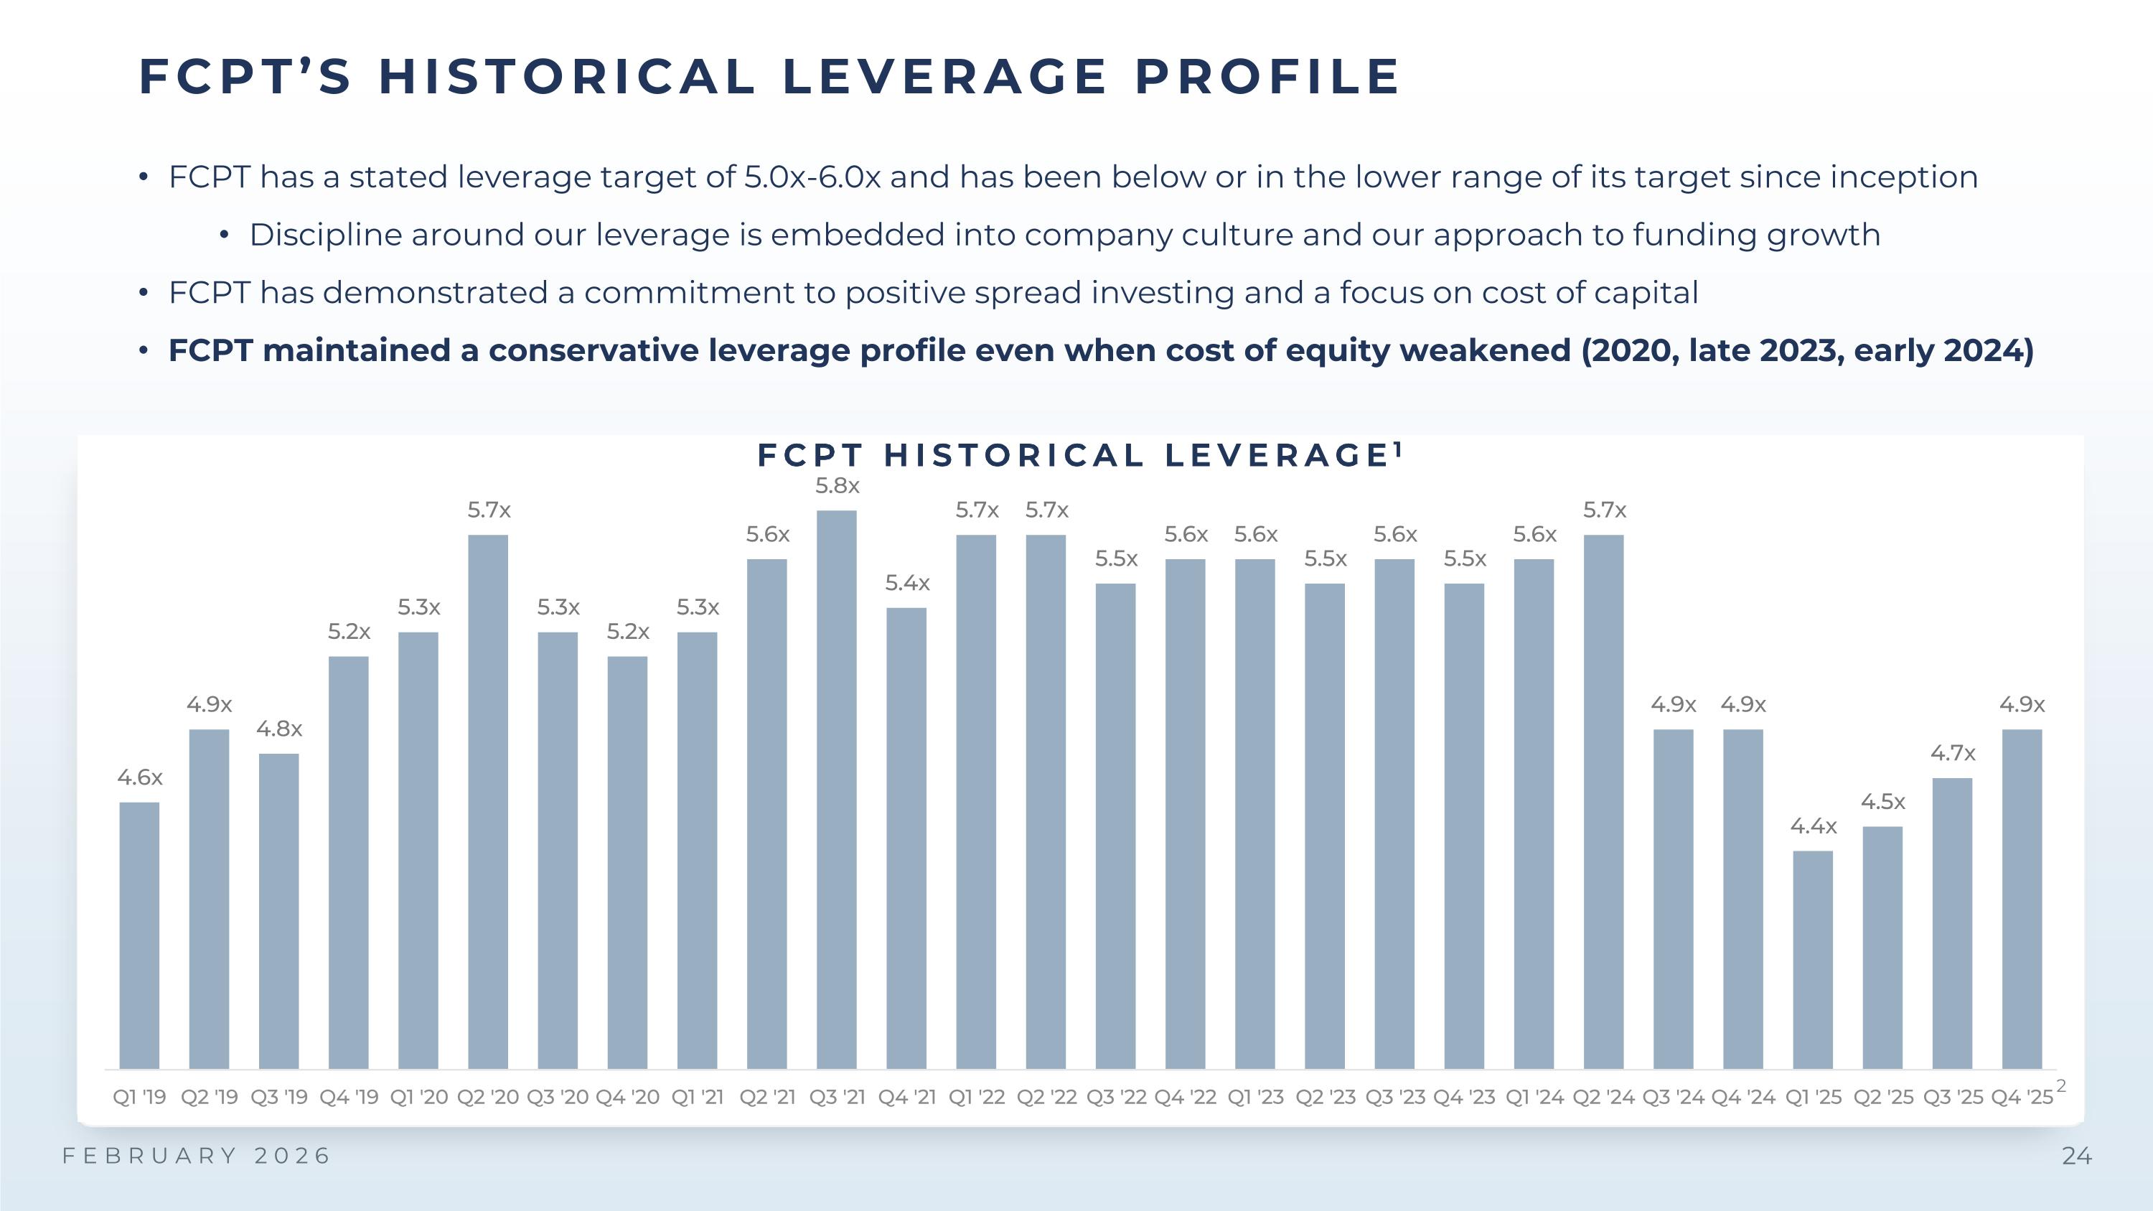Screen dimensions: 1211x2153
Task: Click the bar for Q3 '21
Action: (x=837, y=789)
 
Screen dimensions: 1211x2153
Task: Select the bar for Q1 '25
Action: (x=1813, y=960)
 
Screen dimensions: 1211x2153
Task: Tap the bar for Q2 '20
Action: (x=488, y=802)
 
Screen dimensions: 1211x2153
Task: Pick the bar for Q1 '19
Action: (x=139, y=935)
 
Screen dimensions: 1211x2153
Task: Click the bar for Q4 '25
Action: (x=2022, y=899)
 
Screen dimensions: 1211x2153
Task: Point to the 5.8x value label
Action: (x=838, y=485)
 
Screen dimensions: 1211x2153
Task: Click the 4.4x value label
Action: (x=1813, y=826)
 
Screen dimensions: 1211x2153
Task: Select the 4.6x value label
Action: (x=139, y=777)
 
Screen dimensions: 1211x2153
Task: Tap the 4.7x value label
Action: (x=1952, y=753)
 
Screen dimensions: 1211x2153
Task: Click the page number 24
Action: (x=2077, y=1156)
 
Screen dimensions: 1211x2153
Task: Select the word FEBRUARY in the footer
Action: (x=151, y=1156)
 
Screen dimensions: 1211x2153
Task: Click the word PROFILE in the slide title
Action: (x=1267, y=77)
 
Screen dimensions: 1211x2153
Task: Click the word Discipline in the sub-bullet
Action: (x=321, y=235)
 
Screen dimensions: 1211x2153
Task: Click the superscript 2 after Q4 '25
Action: (x=2061, y=1085)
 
